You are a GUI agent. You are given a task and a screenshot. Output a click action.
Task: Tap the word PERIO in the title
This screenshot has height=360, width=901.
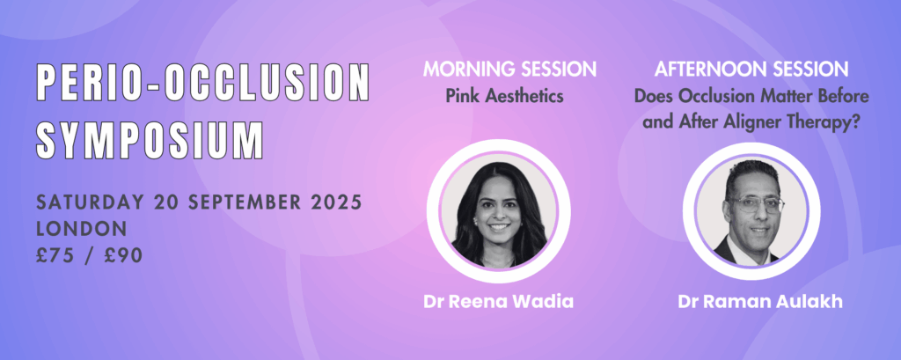[85, 83]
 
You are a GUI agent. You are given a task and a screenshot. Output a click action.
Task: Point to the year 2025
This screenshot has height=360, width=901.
[335, 203]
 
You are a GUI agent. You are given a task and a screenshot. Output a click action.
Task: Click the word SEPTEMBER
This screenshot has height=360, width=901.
[243, 203]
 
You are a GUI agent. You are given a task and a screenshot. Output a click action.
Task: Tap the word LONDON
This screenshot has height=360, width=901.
[82, 229]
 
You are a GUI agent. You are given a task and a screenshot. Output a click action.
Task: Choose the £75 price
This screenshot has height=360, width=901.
[56, 255]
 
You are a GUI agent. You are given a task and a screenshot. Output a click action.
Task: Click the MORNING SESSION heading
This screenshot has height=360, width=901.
[509, 70]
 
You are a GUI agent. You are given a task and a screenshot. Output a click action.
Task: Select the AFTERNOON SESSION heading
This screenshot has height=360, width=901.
[751, 70]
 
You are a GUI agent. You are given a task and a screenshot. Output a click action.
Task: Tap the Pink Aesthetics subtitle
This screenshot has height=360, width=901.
[505, 96]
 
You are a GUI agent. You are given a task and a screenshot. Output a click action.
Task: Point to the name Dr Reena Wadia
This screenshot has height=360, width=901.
[499, 302]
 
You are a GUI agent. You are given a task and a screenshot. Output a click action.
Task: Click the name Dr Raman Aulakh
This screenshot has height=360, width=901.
[760, 302]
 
